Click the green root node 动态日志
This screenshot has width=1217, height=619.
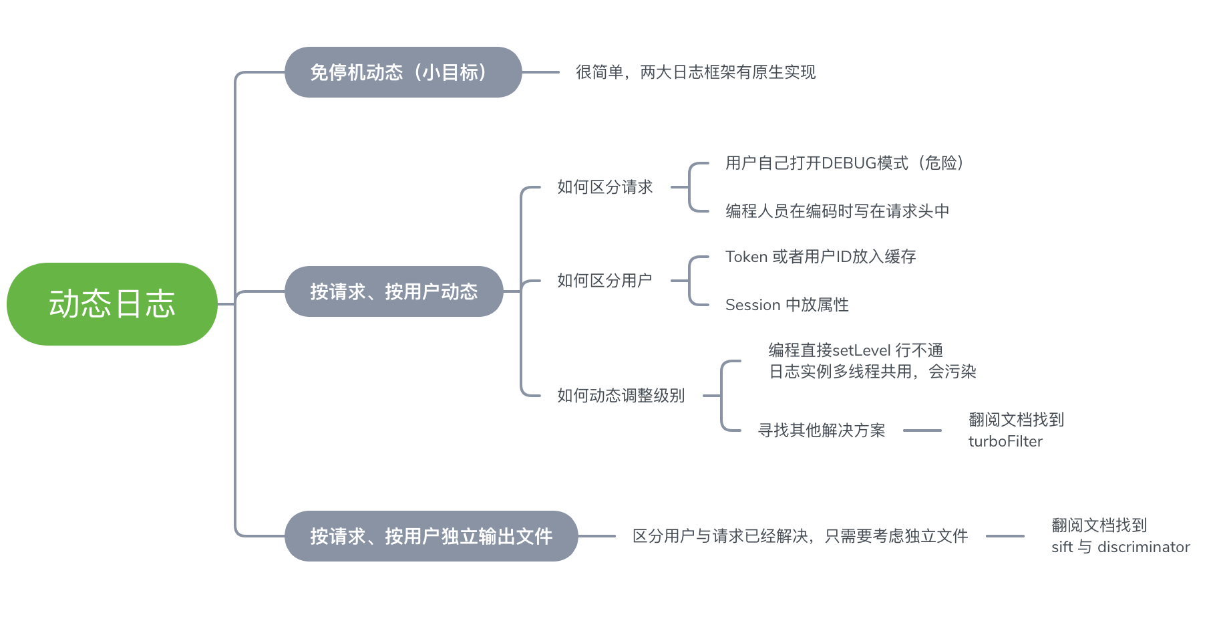(112, 304)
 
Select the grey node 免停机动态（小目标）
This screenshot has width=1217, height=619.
(403, 72)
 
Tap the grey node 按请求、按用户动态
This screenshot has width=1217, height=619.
(393, 291)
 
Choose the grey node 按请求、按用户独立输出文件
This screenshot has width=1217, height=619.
(431, 536)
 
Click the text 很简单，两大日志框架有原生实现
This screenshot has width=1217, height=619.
(695, 72)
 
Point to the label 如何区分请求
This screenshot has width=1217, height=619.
(604, 187)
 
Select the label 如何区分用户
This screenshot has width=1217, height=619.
(604, 281)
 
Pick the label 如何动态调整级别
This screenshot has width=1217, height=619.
(621, 396)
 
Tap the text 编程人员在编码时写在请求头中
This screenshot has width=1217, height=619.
(837, 211)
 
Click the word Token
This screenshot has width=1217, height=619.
(746, 257)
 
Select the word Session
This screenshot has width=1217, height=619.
(753, 305)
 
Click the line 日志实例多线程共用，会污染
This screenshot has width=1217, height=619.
(872, 372)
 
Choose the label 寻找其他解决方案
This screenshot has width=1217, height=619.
(821, 430)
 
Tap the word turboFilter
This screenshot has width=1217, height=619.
(1005, 441)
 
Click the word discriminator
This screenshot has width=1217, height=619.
(1143, 547)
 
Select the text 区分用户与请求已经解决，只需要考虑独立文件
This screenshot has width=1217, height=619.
(800, 536)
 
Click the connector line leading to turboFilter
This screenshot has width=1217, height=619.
(922, 430)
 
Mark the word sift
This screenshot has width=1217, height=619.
(1061, 547)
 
